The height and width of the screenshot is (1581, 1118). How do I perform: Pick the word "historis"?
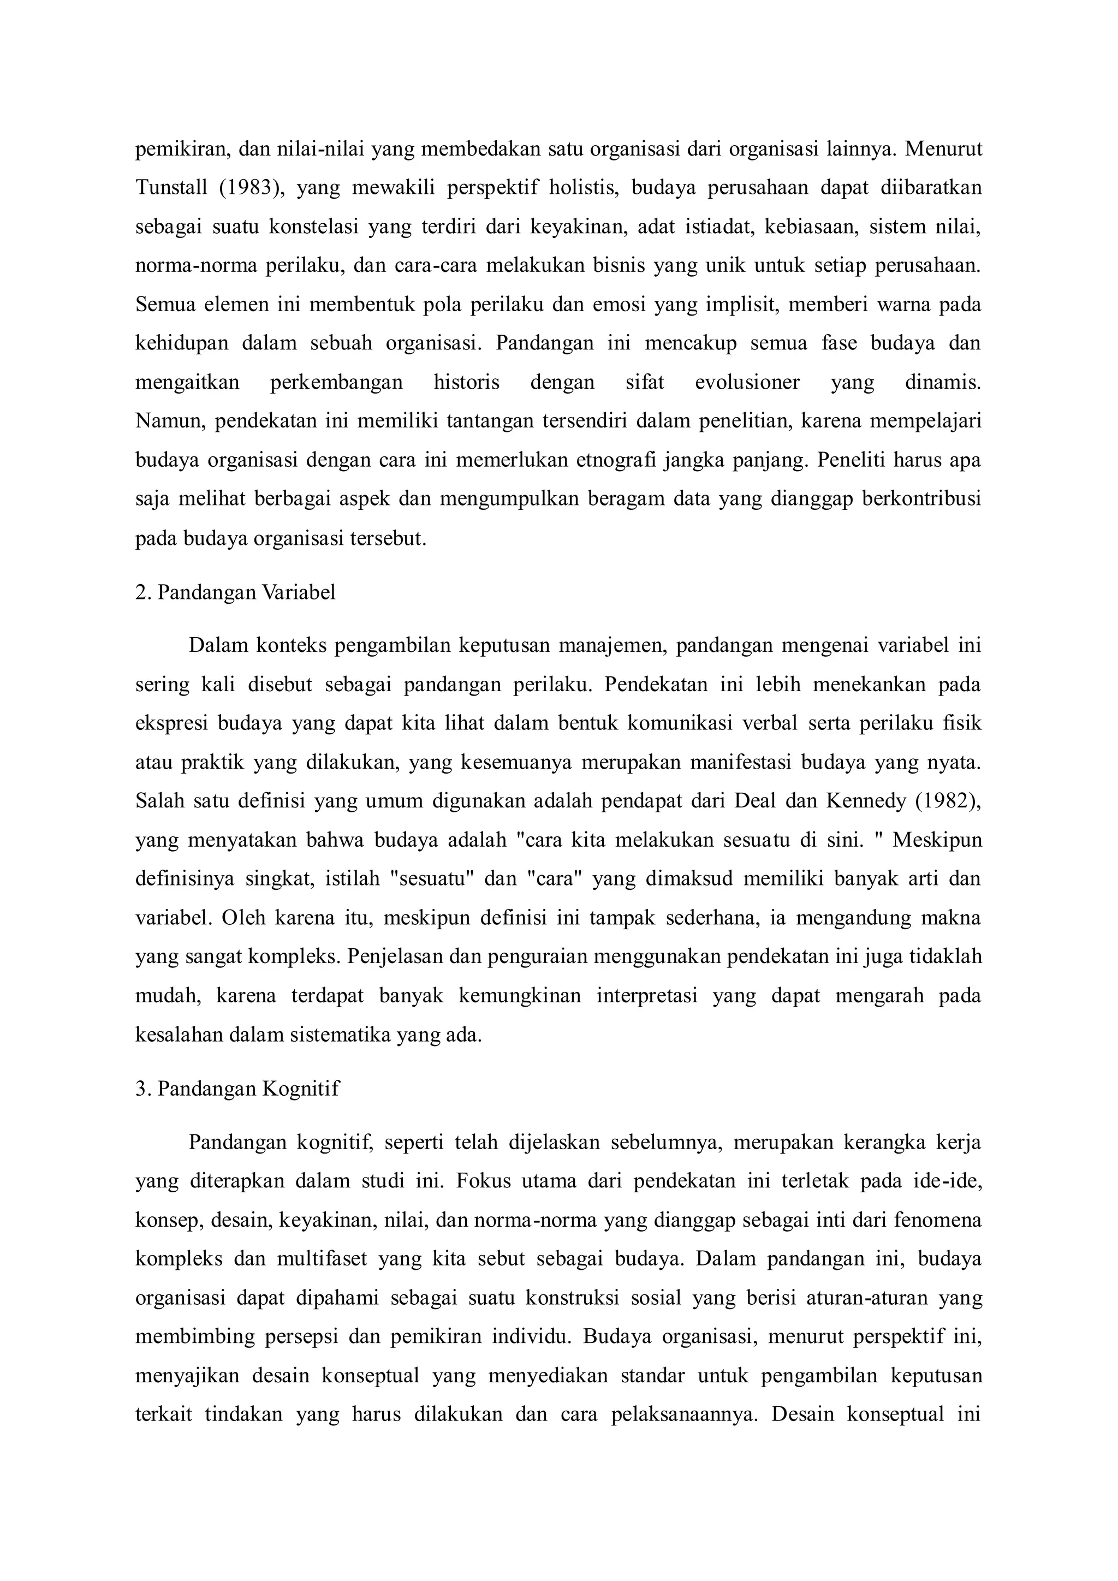466,382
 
